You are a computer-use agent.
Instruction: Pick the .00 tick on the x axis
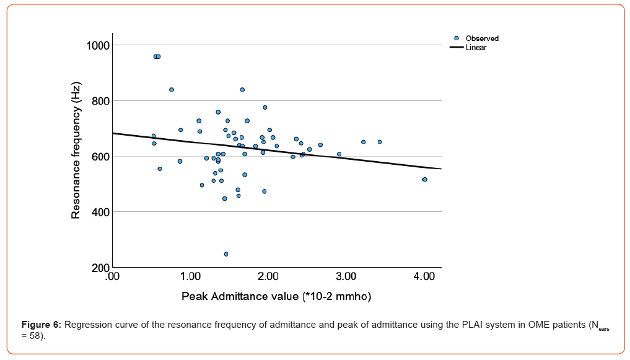pos(112,275)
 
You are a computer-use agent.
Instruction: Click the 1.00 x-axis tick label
pos(190,275)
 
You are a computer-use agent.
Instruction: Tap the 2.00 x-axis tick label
pos(268,275)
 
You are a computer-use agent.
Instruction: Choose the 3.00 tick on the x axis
pos(346,275)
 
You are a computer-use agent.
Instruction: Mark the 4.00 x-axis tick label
pos(424,275)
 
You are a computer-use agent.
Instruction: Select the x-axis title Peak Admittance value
pos(276,297)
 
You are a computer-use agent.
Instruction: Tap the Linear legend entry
pos(476,48)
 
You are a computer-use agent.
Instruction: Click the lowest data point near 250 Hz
pos(226,254)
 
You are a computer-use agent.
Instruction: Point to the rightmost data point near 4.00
pos(425,180)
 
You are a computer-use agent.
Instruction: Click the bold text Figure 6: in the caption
pos(42,325)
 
